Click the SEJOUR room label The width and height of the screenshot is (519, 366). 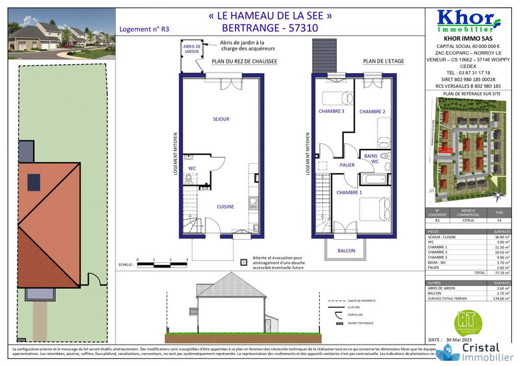click(x=221, y=119)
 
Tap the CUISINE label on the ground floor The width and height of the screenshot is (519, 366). click(x=225, y=206)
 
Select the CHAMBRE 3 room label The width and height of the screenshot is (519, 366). click(x=331, y=111)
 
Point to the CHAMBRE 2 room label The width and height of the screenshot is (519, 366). click(x=372, y=111)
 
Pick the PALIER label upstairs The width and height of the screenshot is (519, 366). click(x=347, y=165)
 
